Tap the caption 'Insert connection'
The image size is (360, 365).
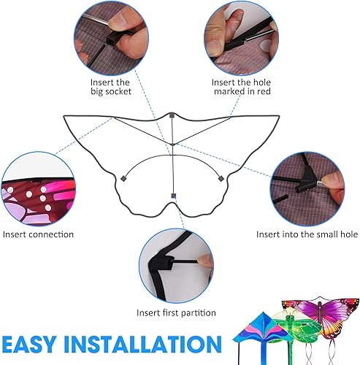(x=38, y=234)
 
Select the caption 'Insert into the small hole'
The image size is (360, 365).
(x=307, y=234)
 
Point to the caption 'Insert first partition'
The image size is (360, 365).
(x=176, y=312)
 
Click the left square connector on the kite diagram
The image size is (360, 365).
(x=124, y=177)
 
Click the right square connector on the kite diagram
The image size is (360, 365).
(x=220, y=177)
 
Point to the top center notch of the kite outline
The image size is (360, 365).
(x=172, y=115)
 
